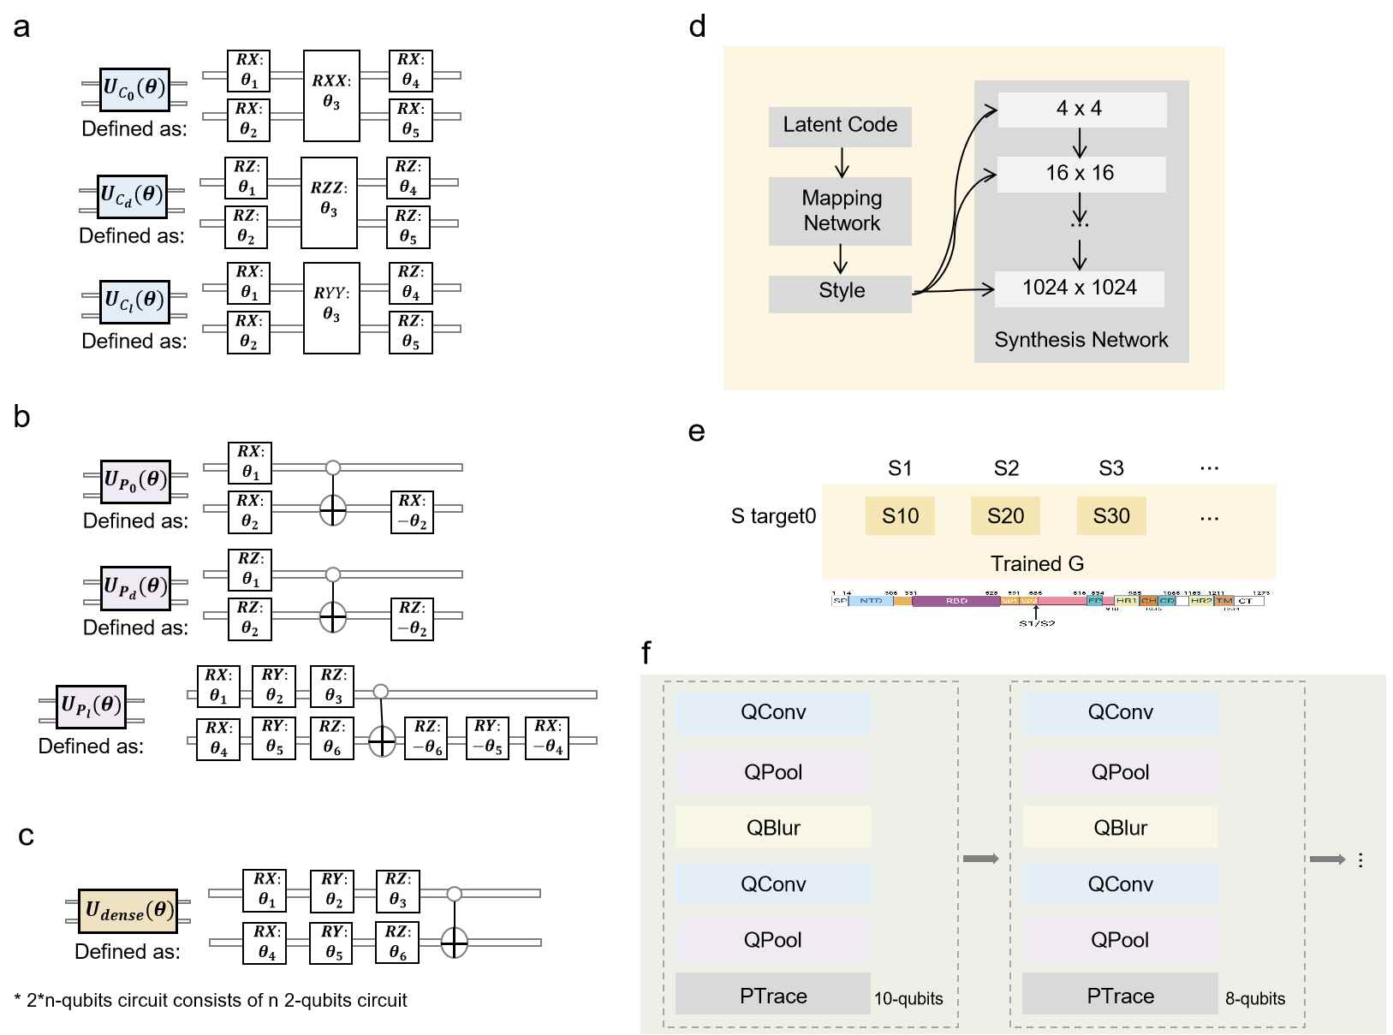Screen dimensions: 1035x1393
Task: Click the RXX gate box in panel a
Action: [x=331, y=95]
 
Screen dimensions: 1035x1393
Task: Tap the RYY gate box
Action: [x=331, y=308]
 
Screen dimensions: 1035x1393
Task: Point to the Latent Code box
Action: [x=840, y=126]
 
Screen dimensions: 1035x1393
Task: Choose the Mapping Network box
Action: [x=840, y=211]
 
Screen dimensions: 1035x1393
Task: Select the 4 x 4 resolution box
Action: [x=1079, y=109]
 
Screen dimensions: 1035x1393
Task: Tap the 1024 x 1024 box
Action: [x=1079, y=288]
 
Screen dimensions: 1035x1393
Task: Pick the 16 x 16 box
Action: [x=1079, y=174]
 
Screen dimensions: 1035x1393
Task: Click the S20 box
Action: [x=1005, y=516]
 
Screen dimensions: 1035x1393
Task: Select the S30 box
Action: [x=1111, y=516]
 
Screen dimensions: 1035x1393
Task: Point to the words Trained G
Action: [x=1037, y=563]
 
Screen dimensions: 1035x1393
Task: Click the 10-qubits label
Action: [x=908, y=998]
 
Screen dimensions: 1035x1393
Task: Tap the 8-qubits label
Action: [x=1254, y=998]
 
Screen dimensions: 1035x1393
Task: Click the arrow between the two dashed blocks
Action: [x=981, y=859]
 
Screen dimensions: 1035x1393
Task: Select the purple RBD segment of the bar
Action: [x=955, y=601]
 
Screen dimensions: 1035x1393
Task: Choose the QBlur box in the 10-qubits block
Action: [x=773, y=828]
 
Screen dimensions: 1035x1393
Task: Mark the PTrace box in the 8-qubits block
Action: [x=1120, y=996]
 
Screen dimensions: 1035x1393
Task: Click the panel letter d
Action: [x=697, y=27]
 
